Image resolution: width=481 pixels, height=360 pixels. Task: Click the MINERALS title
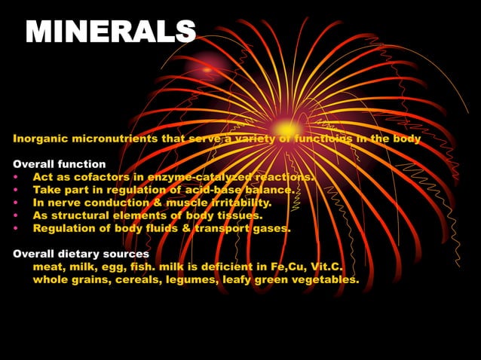[x=111, y=32]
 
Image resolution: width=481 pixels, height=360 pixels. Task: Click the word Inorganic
[x=41, y=139]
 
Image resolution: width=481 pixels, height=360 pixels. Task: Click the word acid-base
[x=213, y=190]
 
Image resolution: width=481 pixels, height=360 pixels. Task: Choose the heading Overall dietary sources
[x=81, y=254]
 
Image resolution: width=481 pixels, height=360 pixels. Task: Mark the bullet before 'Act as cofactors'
[x=16, y=178]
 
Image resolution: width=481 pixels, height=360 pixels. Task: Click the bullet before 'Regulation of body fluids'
[x=16, y=229]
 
